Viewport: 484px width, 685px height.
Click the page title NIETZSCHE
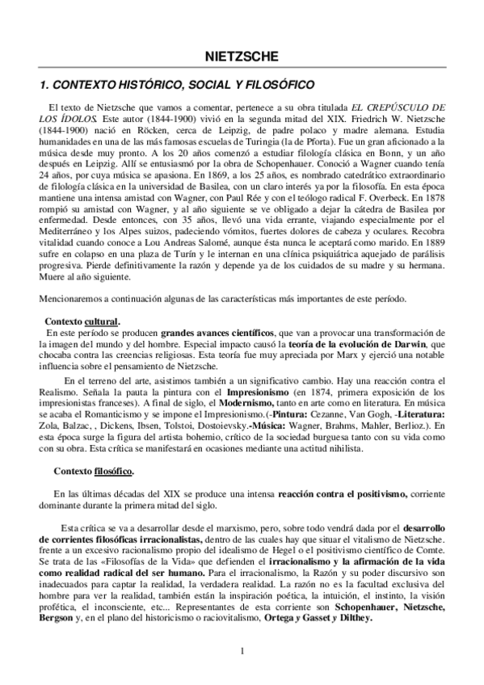pos(242,57)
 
